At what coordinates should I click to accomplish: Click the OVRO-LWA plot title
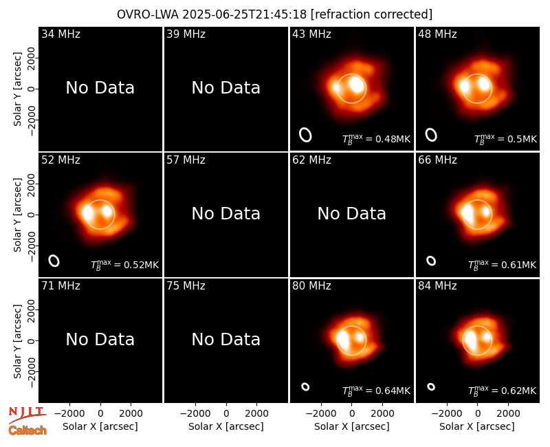[274, 14]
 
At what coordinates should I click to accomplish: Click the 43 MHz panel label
[312, 34]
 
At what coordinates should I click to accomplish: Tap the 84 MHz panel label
[437, 286]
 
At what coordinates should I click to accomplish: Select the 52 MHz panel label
[60, 160]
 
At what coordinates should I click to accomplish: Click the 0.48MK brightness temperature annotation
[376, 140]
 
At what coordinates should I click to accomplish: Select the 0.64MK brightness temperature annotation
[376, 391]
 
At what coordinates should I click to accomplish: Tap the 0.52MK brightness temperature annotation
[125, 265]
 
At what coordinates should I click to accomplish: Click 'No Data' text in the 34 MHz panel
[100, 88]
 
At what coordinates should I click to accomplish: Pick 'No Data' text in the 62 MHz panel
[352, 213]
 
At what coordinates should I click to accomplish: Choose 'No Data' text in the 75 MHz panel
[226, 339]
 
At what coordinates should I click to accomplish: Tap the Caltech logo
[27, 430]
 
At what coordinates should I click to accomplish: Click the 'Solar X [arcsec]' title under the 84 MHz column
[477, 426]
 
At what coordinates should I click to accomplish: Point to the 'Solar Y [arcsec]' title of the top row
[18, 89]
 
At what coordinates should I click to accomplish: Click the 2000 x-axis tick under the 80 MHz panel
[382, 414]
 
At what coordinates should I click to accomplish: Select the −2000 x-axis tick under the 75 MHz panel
[195, 414]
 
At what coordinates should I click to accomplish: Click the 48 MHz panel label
[437, 34]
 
